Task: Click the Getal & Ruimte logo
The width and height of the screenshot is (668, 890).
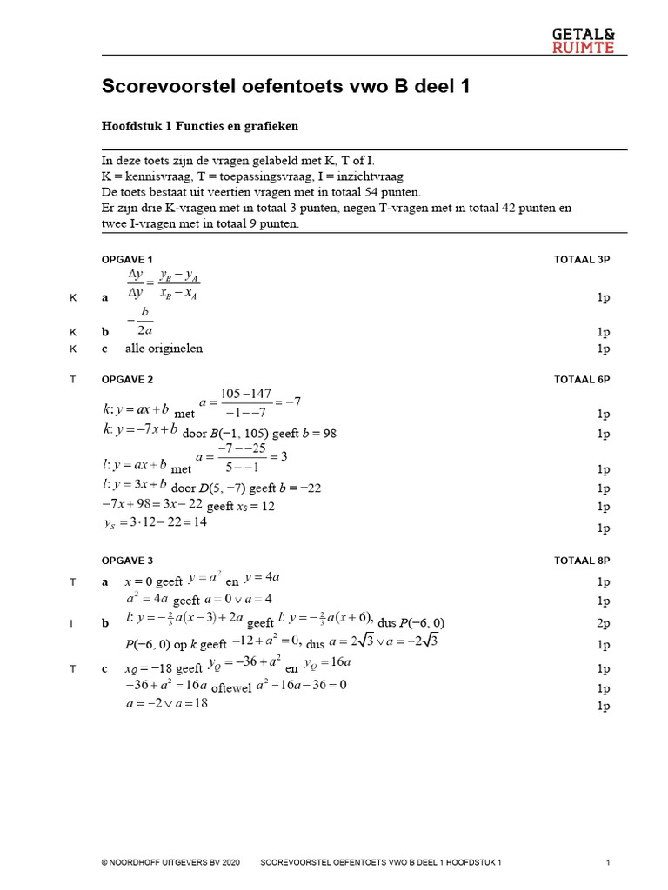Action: point(583,40)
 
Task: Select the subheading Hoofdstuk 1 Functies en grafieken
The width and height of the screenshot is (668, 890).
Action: point(200,125)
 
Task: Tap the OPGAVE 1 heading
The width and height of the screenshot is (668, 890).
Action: point(128,260)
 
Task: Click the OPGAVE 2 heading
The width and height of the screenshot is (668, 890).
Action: point(128,380)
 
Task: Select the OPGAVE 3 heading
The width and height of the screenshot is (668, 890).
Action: point(128,561)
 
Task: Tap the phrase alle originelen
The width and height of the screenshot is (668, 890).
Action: point(164,349)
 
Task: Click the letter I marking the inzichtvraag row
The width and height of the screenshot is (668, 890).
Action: point(73,623)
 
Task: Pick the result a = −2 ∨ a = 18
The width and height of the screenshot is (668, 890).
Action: point(167,704)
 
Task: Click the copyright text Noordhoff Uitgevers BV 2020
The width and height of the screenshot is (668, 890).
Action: point(170,862)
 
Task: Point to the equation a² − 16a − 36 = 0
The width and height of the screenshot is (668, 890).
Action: point(301,685)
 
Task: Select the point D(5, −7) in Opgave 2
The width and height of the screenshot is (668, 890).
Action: point(225,488)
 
